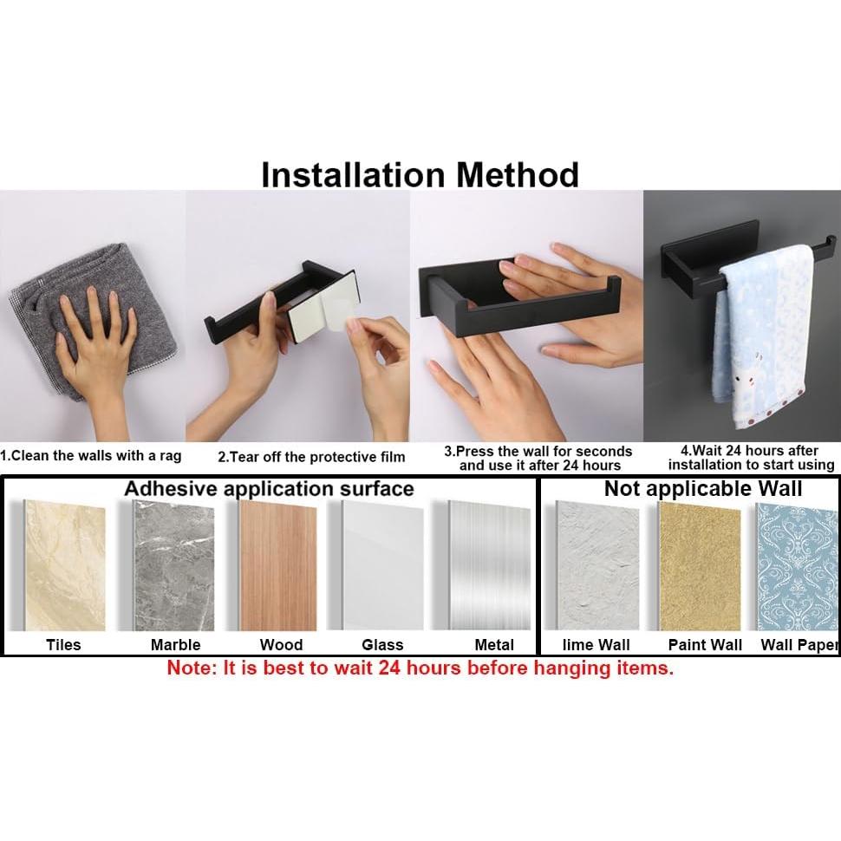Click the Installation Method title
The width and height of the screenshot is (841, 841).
tap(420, 174)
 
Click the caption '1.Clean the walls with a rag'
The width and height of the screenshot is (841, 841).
tap(91, 455)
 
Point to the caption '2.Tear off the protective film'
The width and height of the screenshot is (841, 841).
tap(311, 457)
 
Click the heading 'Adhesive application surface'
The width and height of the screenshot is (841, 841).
tap(269, 488)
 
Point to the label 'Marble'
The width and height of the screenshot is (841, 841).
tap(175, 644)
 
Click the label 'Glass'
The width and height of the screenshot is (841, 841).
tap(382, 644)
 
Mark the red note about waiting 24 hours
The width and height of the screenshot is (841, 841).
tap(420, 668)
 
